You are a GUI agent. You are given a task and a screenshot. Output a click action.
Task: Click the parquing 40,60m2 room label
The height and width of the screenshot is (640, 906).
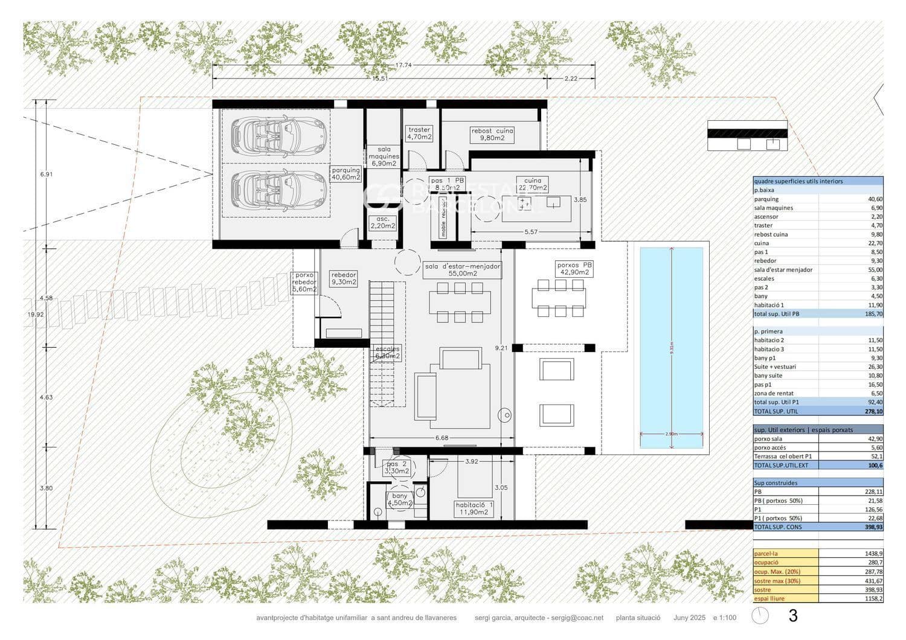click(x=345, y=174)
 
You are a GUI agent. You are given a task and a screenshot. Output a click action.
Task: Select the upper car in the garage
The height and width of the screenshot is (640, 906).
click(x=278, y=135)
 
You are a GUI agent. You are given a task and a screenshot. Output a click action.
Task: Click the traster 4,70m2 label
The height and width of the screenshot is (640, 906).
click(x=419, y=133)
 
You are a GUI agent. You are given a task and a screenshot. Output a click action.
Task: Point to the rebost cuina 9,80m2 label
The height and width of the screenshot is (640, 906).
click(x=492, y=134)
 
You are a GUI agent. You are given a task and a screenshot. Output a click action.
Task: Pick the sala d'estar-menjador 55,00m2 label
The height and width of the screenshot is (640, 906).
click(x=462, y=270)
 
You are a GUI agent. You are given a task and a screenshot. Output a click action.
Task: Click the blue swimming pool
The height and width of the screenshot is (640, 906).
click(x=671, y=347)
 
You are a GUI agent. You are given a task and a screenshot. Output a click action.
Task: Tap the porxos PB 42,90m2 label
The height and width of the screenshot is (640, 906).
click(x=574, y=269)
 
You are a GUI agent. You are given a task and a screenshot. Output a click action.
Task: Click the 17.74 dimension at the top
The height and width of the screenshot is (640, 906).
click(x=403, y=65)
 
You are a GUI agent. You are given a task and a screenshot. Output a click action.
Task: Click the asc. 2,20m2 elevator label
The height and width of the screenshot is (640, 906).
click(x=383, y=223)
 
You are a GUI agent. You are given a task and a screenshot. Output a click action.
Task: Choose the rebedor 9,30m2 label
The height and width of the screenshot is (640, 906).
click(x=344, y=278)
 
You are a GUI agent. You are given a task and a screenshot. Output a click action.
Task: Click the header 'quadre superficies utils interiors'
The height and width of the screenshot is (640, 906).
click(x=798, y=181)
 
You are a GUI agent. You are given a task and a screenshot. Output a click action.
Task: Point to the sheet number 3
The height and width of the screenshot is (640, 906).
click(x=793, y=616)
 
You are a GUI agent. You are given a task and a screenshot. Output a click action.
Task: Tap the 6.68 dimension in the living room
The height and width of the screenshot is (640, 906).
click(x=442, y=438)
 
